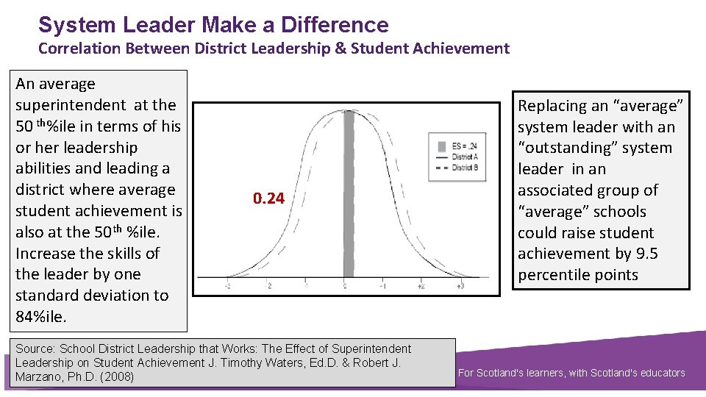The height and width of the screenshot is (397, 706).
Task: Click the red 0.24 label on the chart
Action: click(268, 198)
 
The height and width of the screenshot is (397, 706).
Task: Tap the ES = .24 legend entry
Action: click(463, 145)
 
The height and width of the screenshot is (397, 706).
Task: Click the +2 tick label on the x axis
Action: click(422, 286)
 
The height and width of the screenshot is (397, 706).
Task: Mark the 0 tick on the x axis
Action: click(345, 286)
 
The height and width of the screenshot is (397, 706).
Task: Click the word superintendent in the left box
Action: click(71, 105)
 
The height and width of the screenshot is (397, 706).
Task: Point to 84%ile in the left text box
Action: click(40, 317)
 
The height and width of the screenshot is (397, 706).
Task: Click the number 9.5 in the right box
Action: click(643, 254)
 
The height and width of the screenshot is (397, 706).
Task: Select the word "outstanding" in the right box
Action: click(563, 148)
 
